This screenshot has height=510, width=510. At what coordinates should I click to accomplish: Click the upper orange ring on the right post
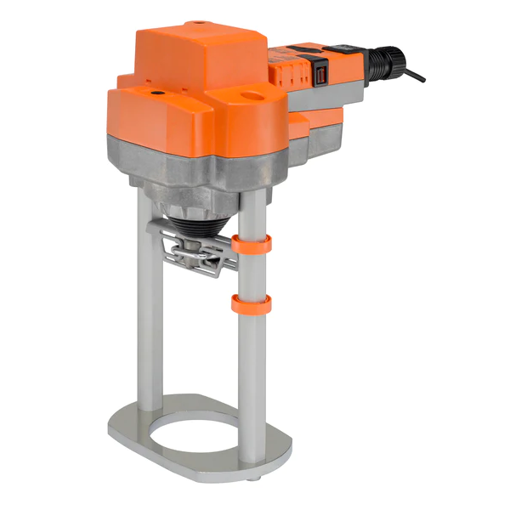coord(253,245)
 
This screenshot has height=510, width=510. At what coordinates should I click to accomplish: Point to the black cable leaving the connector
coord(415,75)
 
